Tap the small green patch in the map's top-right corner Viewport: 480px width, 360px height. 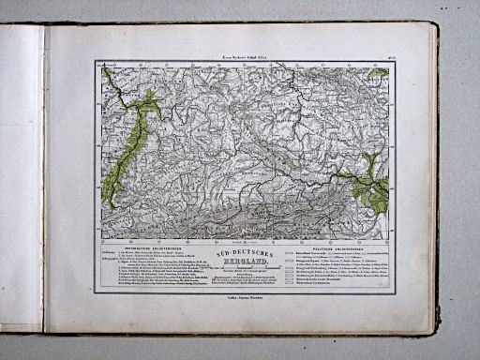coord(379,72)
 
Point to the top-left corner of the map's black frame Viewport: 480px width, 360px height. coord(96,63)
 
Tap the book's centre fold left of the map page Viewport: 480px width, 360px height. coord(44,178)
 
